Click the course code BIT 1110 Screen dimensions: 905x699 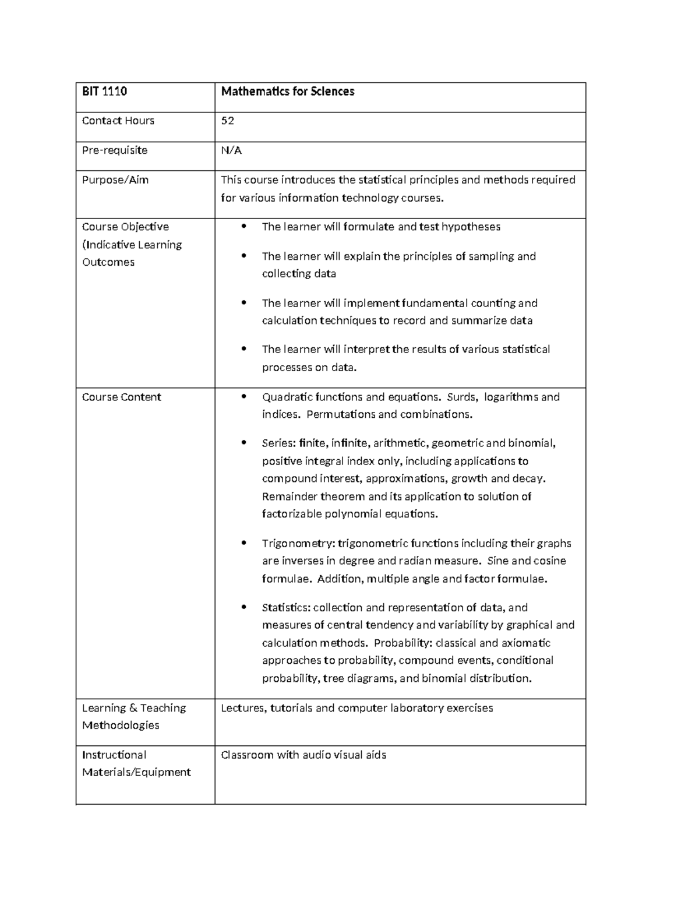[x=104, y=91]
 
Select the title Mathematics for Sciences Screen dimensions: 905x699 [x=288, y=91]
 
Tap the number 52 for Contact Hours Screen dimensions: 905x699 [x=227, y=121]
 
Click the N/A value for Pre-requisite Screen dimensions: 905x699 [x=231, y=150]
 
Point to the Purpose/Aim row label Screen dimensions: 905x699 [x=115, y=180]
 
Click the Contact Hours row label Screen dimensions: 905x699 [x=118, y=121]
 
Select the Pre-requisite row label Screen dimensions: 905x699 [x=115, y=150]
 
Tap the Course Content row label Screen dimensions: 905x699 [x=122, y=397]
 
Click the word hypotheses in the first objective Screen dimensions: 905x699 [x=471, y=227]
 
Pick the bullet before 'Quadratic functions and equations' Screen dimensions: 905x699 [x=244, y=397]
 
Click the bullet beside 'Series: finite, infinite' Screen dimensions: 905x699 [x=244, y=443]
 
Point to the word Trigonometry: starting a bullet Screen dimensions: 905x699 [x=298, y=544]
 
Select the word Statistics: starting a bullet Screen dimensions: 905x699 [x=286, y=608]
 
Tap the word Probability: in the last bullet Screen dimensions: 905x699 [x=403, y=643]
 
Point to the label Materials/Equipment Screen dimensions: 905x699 [x=136, y=772]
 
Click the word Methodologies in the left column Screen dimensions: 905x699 [x=121, y=726]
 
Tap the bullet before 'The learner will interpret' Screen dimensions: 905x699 [x=244, y=350]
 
